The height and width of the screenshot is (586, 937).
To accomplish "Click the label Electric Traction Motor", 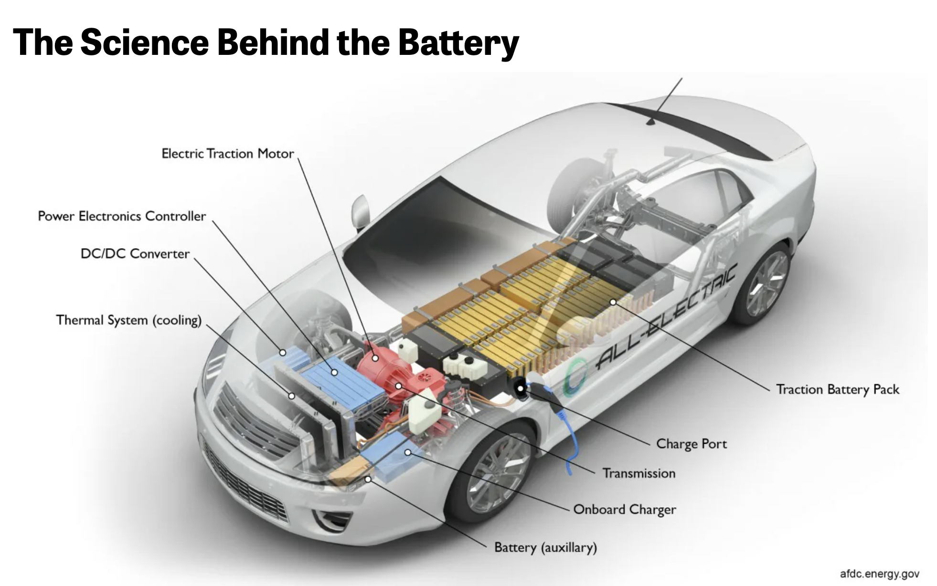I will (227, 154).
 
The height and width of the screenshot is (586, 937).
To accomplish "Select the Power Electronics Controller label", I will (122, 216).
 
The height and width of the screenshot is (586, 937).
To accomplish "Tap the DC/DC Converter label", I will (135, 253).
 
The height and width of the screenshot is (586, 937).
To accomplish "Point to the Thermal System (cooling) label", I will (128, 320).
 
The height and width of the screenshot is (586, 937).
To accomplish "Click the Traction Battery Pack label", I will (837, 389).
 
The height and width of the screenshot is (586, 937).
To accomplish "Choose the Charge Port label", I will (691, 444).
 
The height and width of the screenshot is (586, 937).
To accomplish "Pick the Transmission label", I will (639, 473).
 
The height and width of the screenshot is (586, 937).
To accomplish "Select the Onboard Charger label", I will (624, 510).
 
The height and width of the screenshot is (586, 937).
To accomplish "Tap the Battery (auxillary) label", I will (545, 547).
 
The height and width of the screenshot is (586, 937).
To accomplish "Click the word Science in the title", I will (145, 42).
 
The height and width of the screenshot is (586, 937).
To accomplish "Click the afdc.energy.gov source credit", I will (879, 574).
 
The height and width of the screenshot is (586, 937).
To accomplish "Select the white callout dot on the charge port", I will (520, 388).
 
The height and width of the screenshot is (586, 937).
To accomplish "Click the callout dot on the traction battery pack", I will (613, 302).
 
